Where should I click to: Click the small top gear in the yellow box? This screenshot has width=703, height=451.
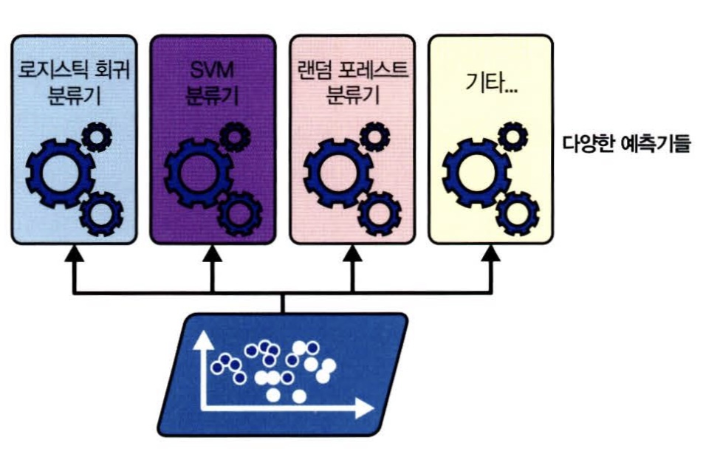(512, 135)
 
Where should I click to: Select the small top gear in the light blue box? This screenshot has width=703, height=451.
(96, 135)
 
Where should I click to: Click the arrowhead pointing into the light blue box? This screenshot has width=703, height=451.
(74, 253)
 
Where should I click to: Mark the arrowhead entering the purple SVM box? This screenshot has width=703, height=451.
(213, 253)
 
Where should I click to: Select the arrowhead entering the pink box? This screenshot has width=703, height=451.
(351, 253)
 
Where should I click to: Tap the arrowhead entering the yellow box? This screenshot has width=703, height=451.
(490, 253)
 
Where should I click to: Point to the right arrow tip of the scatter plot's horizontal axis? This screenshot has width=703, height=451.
(368, 407)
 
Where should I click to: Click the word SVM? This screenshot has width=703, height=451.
(212, 72)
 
